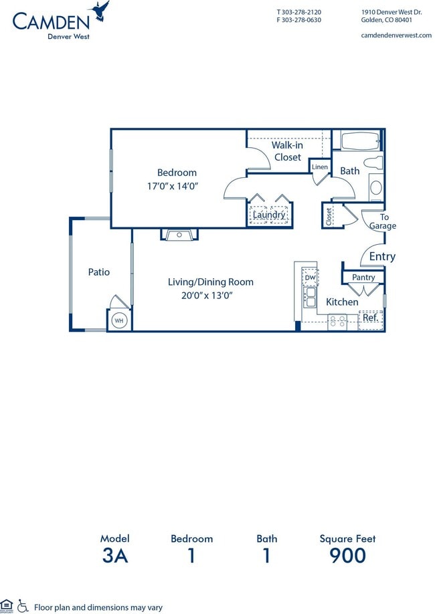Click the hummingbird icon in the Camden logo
[101, 11]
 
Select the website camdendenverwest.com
[396, 35]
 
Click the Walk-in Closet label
[287, 151]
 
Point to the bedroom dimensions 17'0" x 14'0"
[172, 186]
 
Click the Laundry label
[269, 215]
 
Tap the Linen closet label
[320, 167]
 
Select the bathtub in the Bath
[360, 141]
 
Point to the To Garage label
[383, 221]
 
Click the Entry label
[382, 256]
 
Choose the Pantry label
[363, 277]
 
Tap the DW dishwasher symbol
[311, 277]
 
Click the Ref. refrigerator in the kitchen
[370, 318]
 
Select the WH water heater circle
[119, 320]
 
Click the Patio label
[99, 272]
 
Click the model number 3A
[114, 556]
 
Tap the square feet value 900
[347, 556]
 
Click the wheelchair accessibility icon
[23, 605]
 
